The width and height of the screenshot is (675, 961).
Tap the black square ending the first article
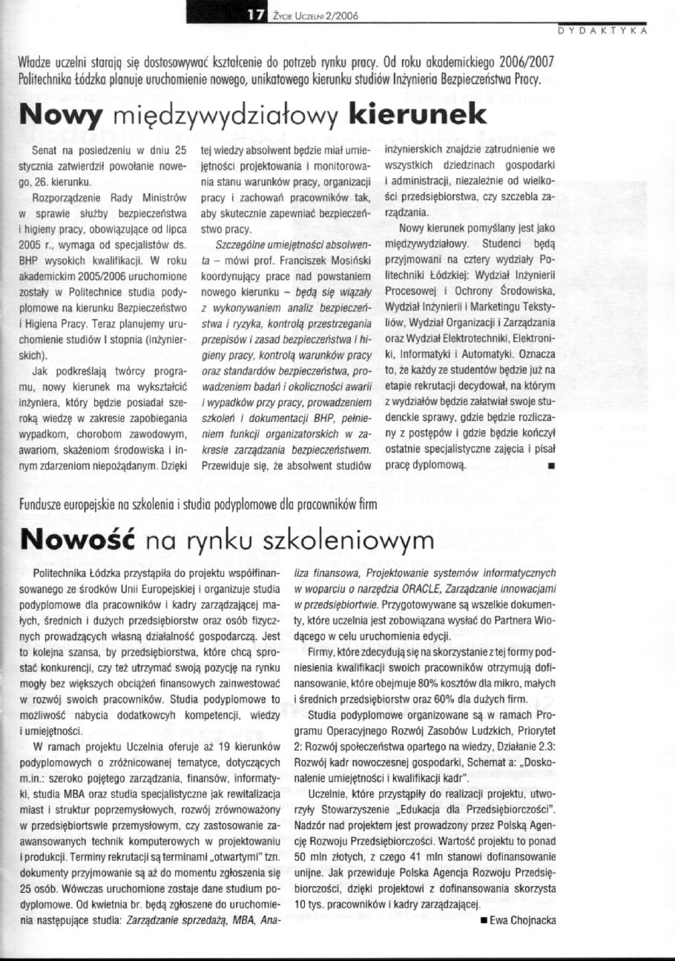(550, 465)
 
